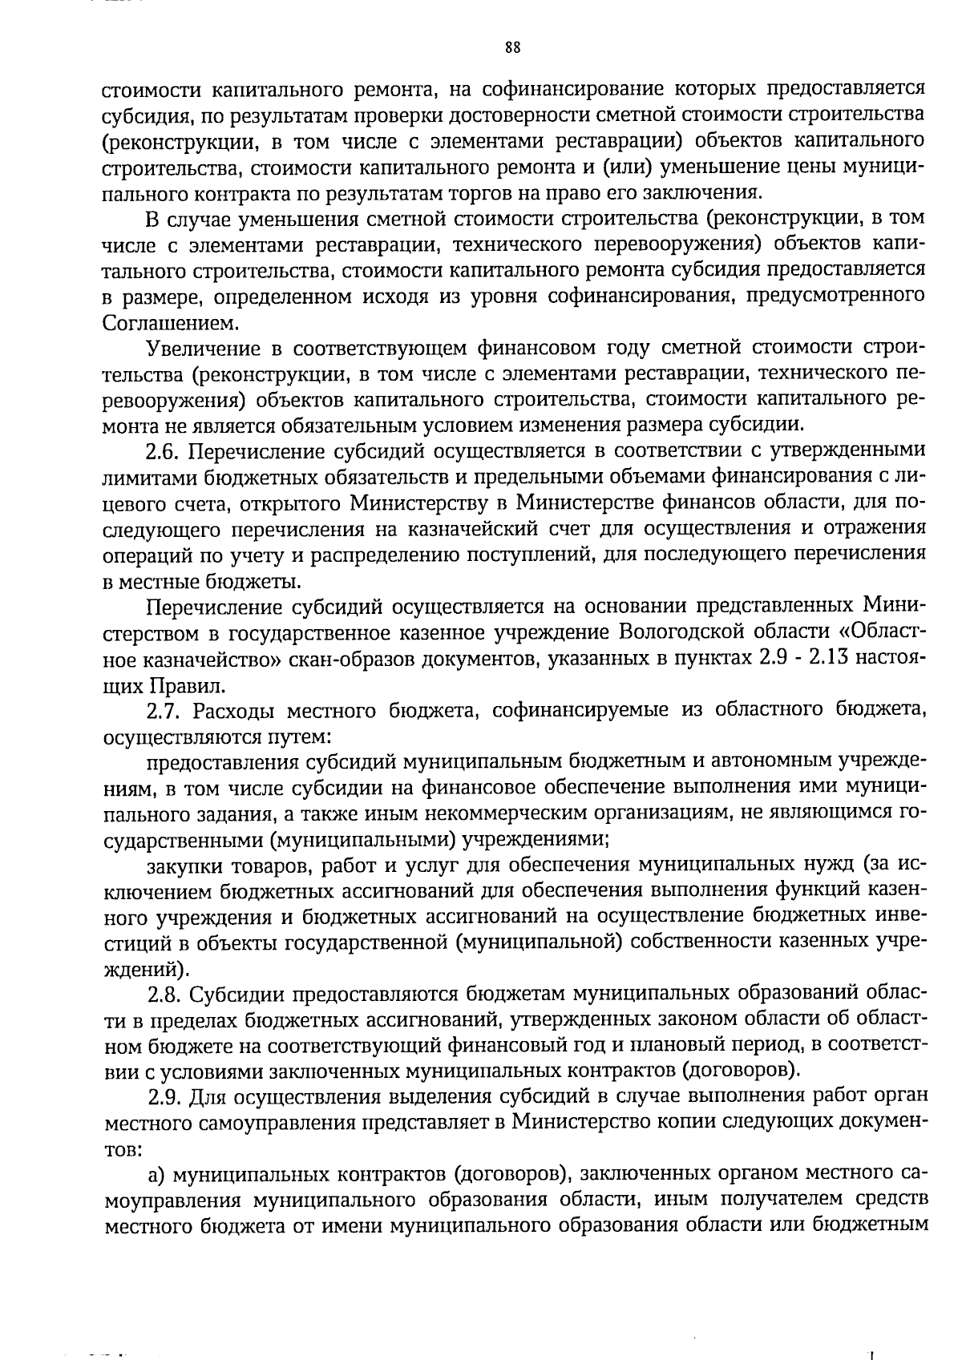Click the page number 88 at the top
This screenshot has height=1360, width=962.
click(x=513, y=46)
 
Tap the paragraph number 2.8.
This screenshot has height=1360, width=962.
click(x=165, y=995)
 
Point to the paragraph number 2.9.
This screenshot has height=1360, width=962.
click(x=165, y=1099)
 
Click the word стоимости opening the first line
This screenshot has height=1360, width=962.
click(x=152, y=89)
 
